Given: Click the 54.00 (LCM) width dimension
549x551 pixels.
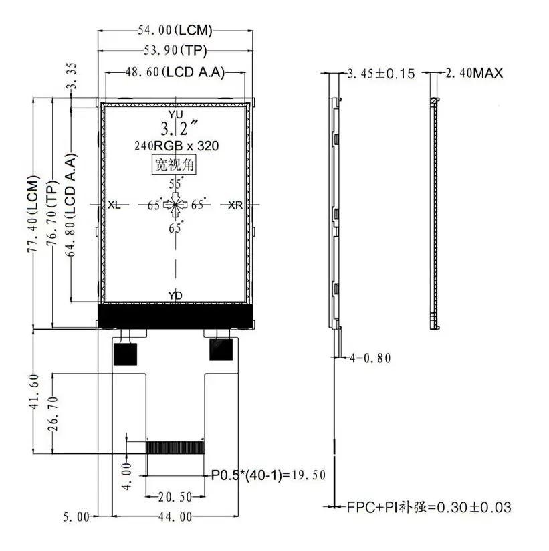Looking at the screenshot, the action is pos(175,30).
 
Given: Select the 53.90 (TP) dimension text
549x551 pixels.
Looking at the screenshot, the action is pos(175,51).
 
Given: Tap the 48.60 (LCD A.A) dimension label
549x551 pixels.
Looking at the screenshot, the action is pos(175,72).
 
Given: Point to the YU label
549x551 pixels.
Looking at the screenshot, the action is pos(175,114).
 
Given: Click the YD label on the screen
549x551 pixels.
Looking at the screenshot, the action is pos(175,296).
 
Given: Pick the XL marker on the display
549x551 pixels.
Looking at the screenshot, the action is pos(114,205).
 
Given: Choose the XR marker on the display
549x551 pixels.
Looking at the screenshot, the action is pos(235,205).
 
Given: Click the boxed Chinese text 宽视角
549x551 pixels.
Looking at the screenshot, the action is pos(174,164).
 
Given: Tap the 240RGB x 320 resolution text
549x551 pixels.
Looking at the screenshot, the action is pos(177,146).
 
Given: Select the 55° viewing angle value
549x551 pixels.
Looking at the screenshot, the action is pos(175,183).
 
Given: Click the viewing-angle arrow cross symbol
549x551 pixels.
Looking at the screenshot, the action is pos(175,205).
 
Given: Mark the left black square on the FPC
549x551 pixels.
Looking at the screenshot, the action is pos(125,354).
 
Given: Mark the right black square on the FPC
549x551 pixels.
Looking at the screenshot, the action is pos(221,350).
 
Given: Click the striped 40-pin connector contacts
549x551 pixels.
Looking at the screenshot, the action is pos(175,447).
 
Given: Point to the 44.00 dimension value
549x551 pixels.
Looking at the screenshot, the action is pos(175,516).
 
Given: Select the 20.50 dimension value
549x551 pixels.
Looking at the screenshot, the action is pos(175,497).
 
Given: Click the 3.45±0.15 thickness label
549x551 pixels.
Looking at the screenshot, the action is pos(381,74).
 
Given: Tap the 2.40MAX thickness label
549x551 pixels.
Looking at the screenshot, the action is pos(474,73).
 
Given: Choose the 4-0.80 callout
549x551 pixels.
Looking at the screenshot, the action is pos(370,358).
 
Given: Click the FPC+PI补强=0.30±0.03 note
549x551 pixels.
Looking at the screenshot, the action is pos(429,508).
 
